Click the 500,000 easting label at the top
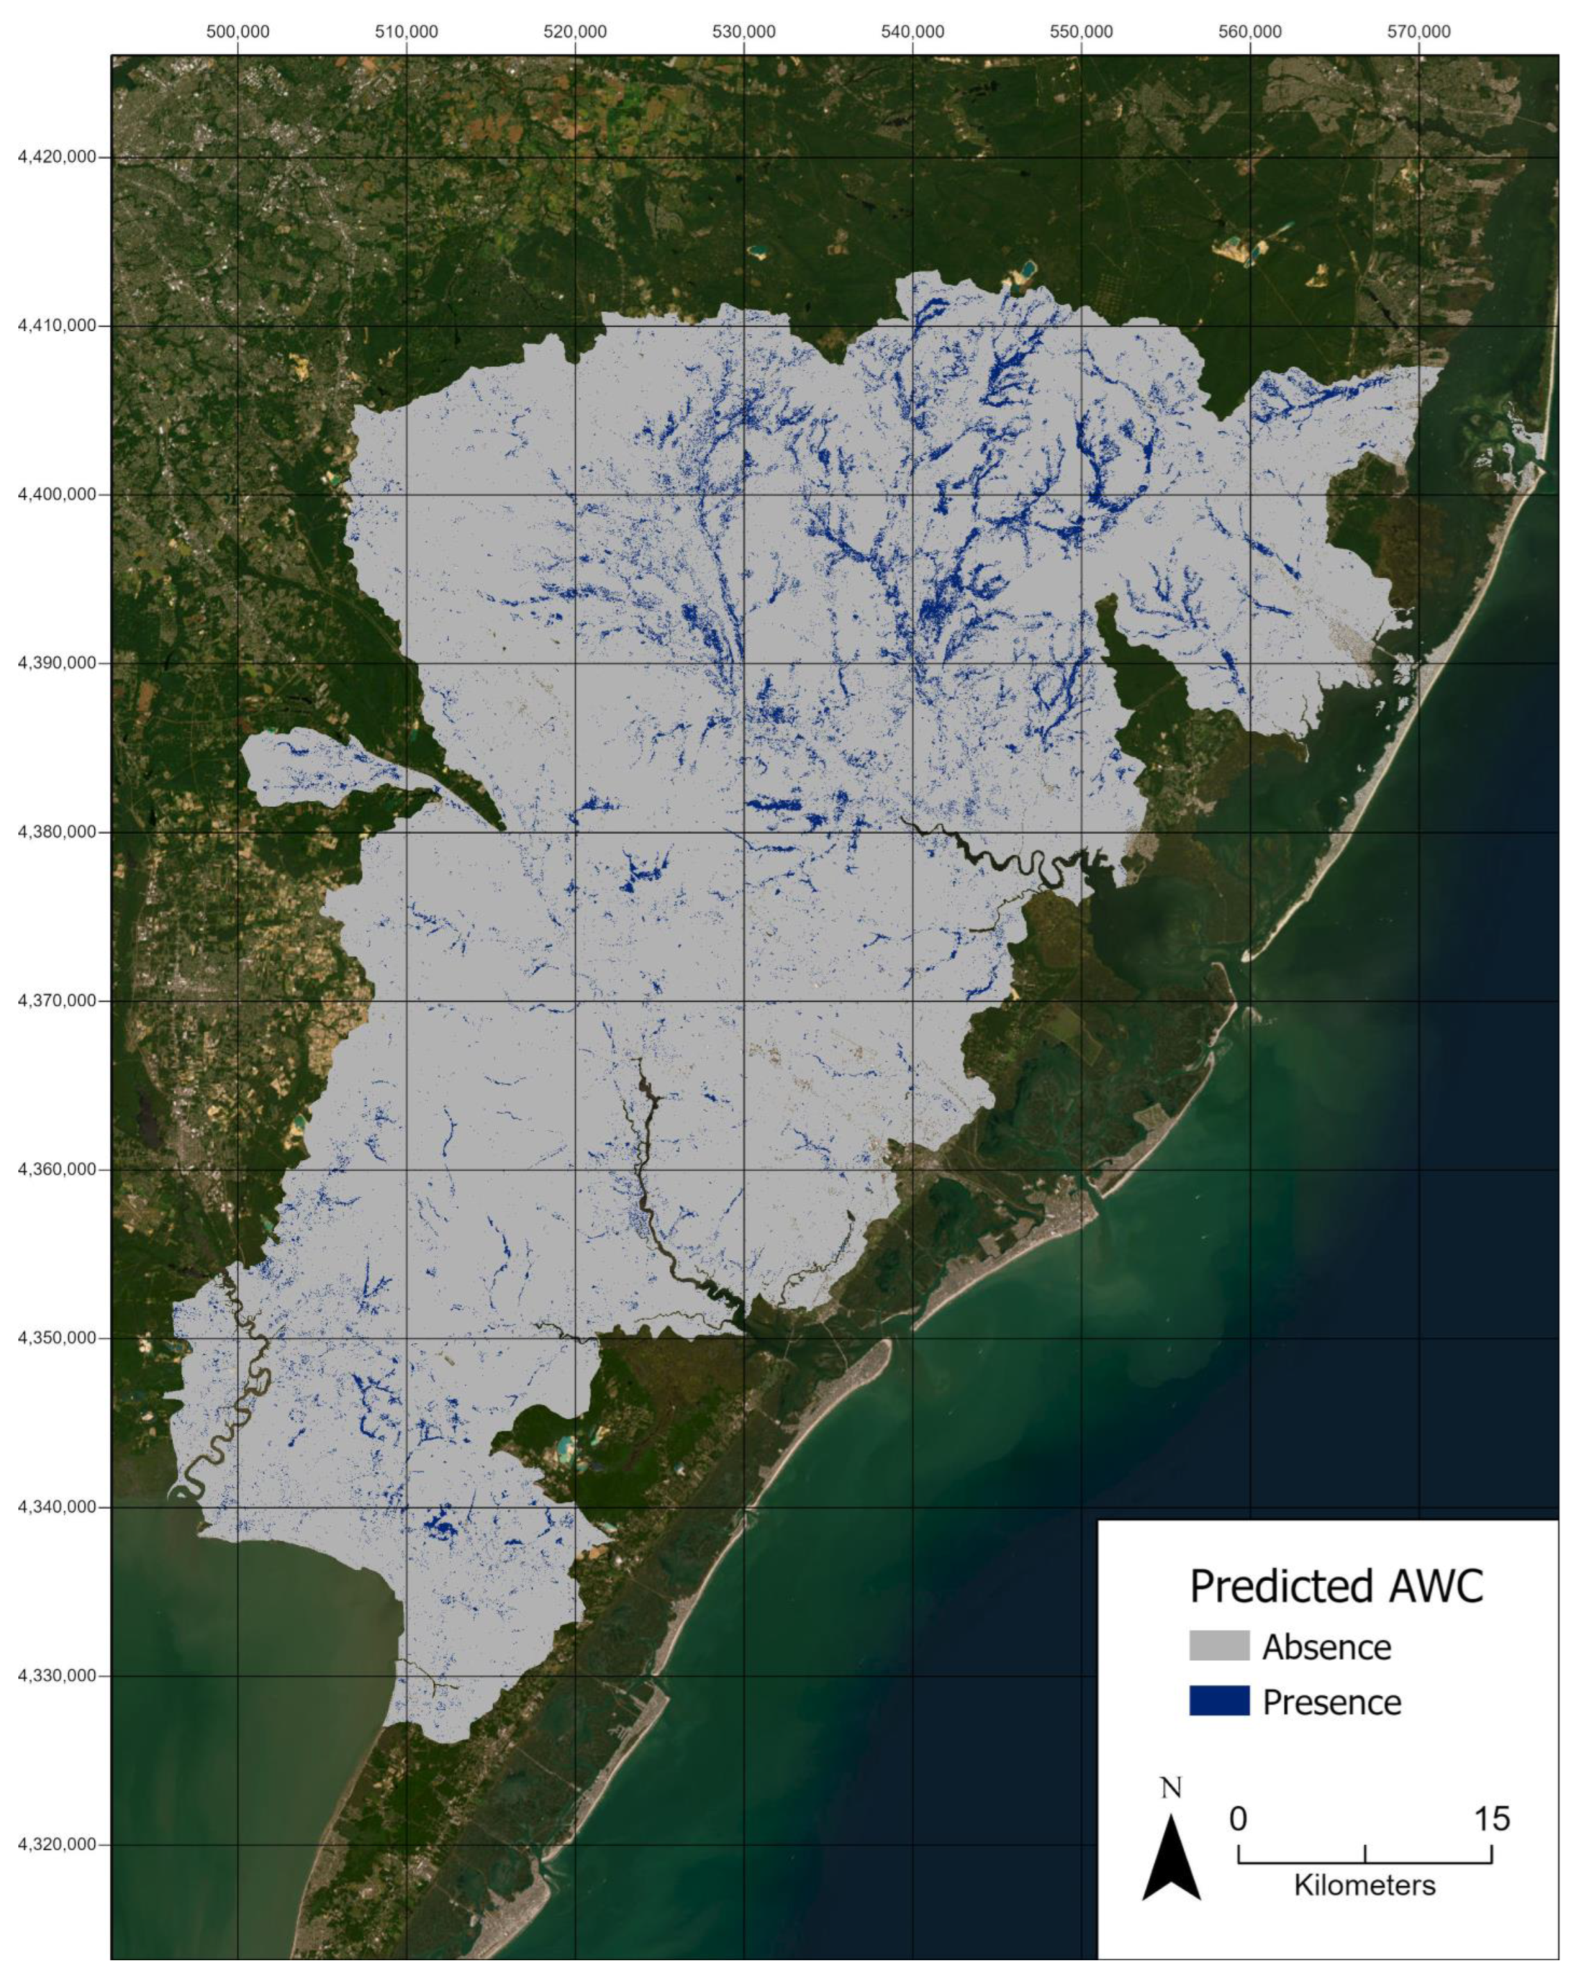coord(237,32)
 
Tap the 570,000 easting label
coord(1418,32)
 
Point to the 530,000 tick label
coord(744,32)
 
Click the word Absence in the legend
coord(1326,1647)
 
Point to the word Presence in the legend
coord(1331,1702)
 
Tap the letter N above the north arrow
coord(1171,1788)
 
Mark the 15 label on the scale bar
coord(1491,1818)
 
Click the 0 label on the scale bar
coord(1239,1818)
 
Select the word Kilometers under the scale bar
coord(1364,1885)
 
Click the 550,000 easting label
coord(1081,32)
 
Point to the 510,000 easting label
coord(406,32)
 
